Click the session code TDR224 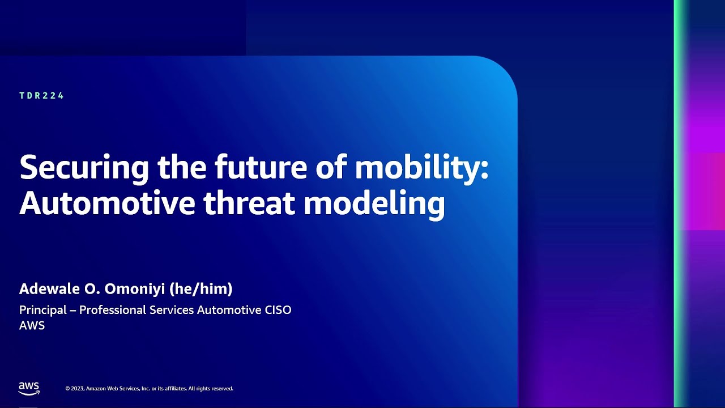pos(42,96)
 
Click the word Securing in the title pos(84,168)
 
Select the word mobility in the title pos(416,168)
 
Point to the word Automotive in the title pos(107,204)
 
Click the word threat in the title pos(249,204)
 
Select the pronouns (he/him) pos(201,290)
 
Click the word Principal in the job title pos(43,311)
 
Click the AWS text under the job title pos(32,326)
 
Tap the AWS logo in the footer pos(29,388)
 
